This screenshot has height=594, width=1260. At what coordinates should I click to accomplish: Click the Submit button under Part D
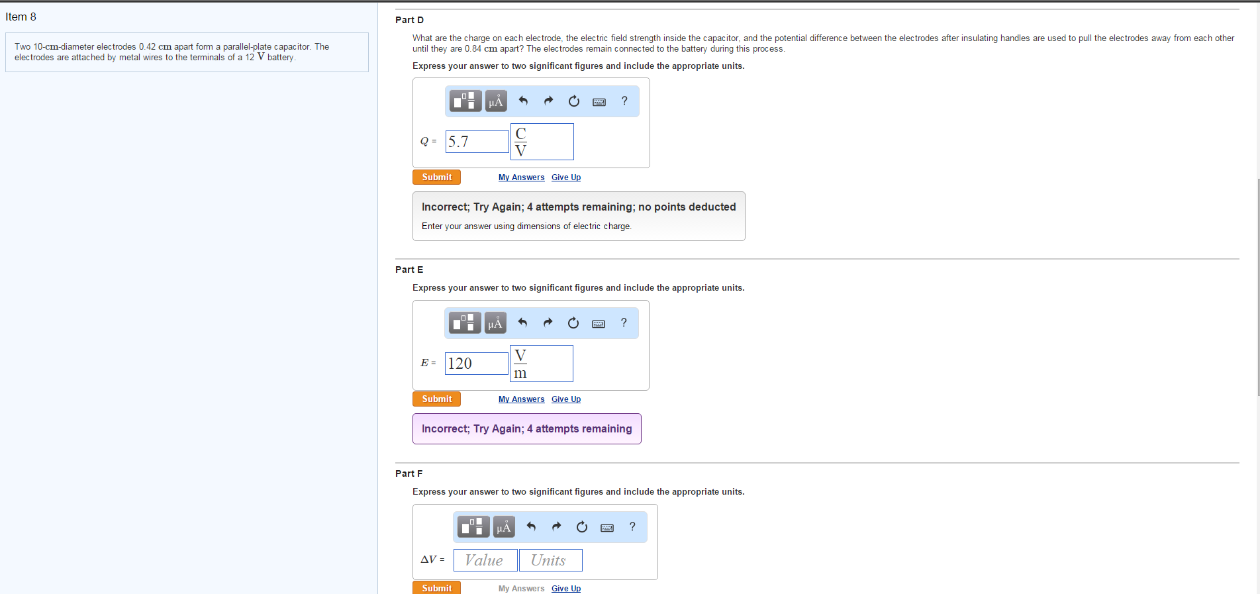pyautogui.click(x=436, y=177)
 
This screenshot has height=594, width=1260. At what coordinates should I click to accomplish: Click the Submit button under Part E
pyautogui.click(x=436, y=399)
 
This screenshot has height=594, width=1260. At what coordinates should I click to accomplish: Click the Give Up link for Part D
pyautogui.click(x=566, y=177)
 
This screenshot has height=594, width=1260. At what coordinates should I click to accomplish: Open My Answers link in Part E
pyautogui.click(x=521, y=399)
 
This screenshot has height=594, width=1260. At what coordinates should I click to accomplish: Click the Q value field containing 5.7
pyautogui.click(x=477, y=142)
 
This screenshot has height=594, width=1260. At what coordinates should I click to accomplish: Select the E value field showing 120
pyautogui.click(x=476, y=364)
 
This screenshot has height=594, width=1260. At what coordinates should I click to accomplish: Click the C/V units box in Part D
pyautogui.click(x=542, y=142)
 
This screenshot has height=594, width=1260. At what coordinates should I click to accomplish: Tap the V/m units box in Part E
pyautogui.click(x=541, y=364)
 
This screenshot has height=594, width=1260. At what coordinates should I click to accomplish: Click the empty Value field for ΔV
pyautogui.click(x=485, y=560)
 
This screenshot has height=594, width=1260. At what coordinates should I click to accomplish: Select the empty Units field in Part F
pyautogui.click(x=550, y=560)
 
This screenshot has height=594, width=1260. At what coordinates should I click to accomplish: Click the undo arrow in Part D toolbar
pyautogui.click(x=523, y=101)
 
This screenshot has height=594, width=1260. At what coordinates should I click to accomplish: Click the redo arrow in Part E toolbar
pyautogui.click(x=548, y=322)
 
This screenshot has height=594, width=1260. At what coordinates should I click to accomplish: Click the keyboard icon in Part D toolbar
pyautogui.click(x=599, y=102)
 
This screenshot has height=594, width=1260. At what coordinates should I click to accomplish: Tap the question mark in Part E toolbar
pyautogui.click(x=624, y=322)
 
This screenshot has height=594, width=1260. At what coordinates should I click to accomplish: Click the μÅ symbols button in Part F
pyautogui.click(x=504, y=526)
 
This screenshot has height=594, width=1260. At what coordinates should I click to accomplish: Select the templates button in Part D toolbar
pyautogui.click(x=465, y=101)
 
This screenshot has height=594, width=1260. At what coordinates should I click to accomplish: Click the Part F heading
pyautogui.click(x=409, y=473)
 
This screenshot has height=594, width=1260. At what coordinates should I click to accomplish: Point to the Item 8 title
pyautogui.click(x=21, y=17)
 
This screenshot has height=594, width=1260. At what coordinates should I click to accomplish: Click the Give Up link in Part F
pyautogui.click(x=566, y=589)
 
